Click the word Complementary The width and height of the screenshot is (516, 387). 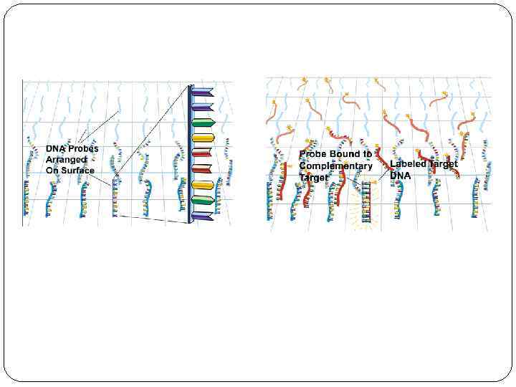335,166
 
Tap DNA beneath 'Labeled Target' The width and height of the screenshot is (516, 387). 400,176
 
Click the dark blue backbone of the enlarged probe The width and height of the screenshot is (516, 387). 190,154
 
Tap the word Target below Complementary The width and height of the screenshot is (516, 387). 314,177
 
